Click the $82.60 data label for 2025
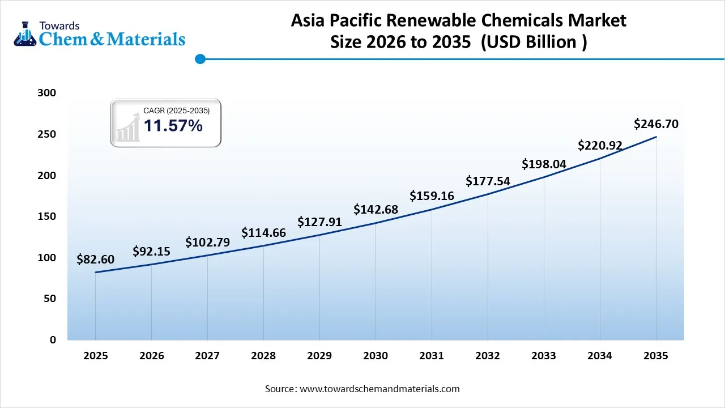coord(95,260)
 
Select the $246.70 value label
coord(656,124)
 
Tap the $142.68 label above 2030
coord(376,209)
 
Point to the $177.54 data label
coord(488,181)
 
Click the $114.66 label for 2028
coord(263,232)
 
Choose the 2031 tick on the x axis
coord(432,356)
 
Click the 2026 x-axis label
coord(151,356)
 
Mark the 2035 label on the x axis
coord(656,356)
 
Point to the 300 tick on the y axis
coord(48,93)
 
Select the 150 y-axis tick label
coord(48,216)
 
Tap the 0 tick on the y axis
coord(53,340)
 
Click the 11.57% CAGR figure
coord(173,126)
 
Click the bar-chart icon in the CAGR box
coord(127,127)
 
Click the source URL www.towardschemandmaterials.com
coord(379,389)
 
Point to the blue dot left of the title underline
coord(199,58)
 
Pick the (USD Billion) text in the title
coord(534,42)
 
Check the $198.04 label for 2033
coord(544,164)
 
